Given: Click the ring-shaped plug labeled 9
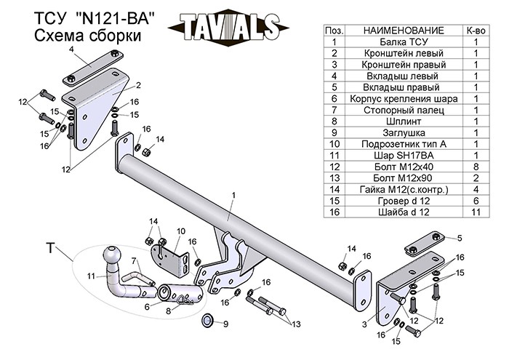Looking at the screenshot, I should (x=207, y=320).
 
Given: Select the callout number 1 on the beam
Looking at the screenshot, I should (x=234, y=195).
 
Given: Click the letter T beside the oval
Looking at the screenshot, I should (x=50, y=249).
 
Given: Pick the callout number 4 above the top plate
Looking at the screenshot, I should (x=72, y=49).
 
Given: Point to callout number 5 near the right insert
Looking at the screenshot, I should (x=460, y=239).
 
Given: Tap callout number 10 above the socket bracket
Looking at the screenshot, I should (x=181, y=231).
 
